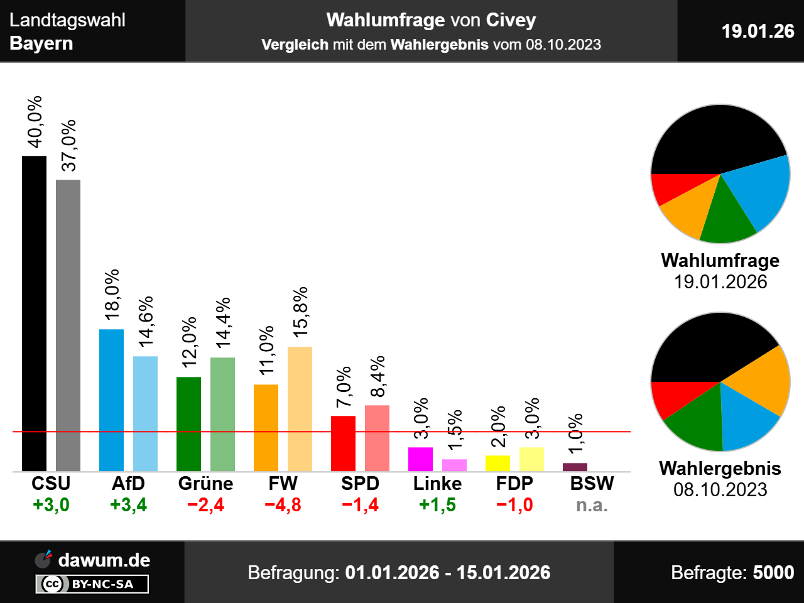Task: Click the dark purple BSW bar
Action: [x=575, y=467]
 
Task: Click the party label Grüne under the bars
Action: [x=205, y=483]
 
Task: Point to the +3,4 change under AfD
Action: [x=128, y=505]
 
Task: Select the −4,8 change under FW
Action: [x=283, y=505]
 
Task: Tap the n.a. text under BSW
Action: [x=592, y=505]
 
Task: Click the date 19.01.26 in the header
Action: [x=758, y=31]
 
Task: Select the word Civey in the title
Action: [x=511, y=20]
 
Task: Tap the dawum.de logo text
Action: [x=104, y=560]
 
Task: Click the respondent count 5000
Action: [x=773, y=572]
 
